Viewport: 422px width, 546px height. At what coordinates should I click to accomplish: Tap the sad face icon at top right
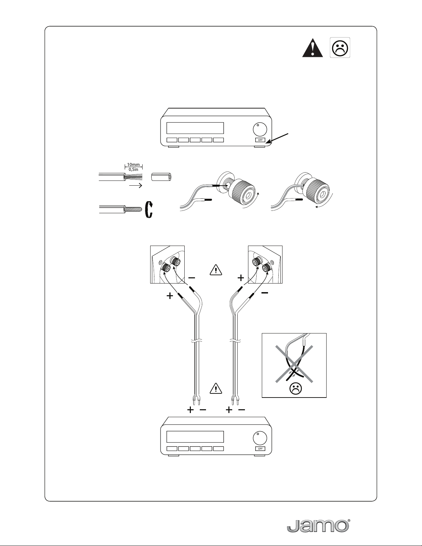[x=340, y=48]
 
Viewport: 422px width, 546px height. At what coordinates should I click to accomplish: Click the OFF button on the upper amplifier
[x=260, y=140]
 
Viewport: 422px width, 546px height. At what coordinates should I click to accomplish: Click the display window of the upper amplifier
[x=195, y=128]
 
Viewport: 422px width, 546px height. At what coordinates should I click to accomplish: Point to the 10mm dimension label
[x=133, y=165]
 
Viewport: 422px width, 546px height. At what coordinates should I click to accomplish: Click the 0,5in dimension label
[x=133, y=169]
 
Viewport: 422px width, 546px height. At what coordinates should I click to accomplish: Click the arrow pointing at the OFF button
[x=282, y=137]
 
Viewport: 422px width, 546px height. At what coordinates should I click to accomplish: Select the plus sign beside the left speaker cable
[x=170, y=296]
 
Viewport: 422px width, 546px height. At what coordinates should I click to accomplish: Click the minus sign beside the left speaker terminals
[x=192, y=277]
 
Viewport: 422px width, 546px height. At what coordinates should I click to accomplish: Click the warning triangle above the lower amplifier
[x=215, y=388]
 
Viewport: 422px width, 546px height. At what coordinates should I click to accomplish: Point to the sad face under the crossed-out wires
[x=294, y=389]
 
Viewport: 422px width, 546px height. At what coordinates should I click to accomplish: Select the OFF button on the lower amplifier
[x=260, y=449]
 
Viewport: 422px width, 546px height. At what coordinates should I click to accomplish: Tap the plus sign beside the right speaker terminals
[x=241, y=278]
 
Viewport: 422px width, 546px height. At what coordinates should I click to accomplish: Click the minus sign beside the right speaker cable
[x=265, y=293]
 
